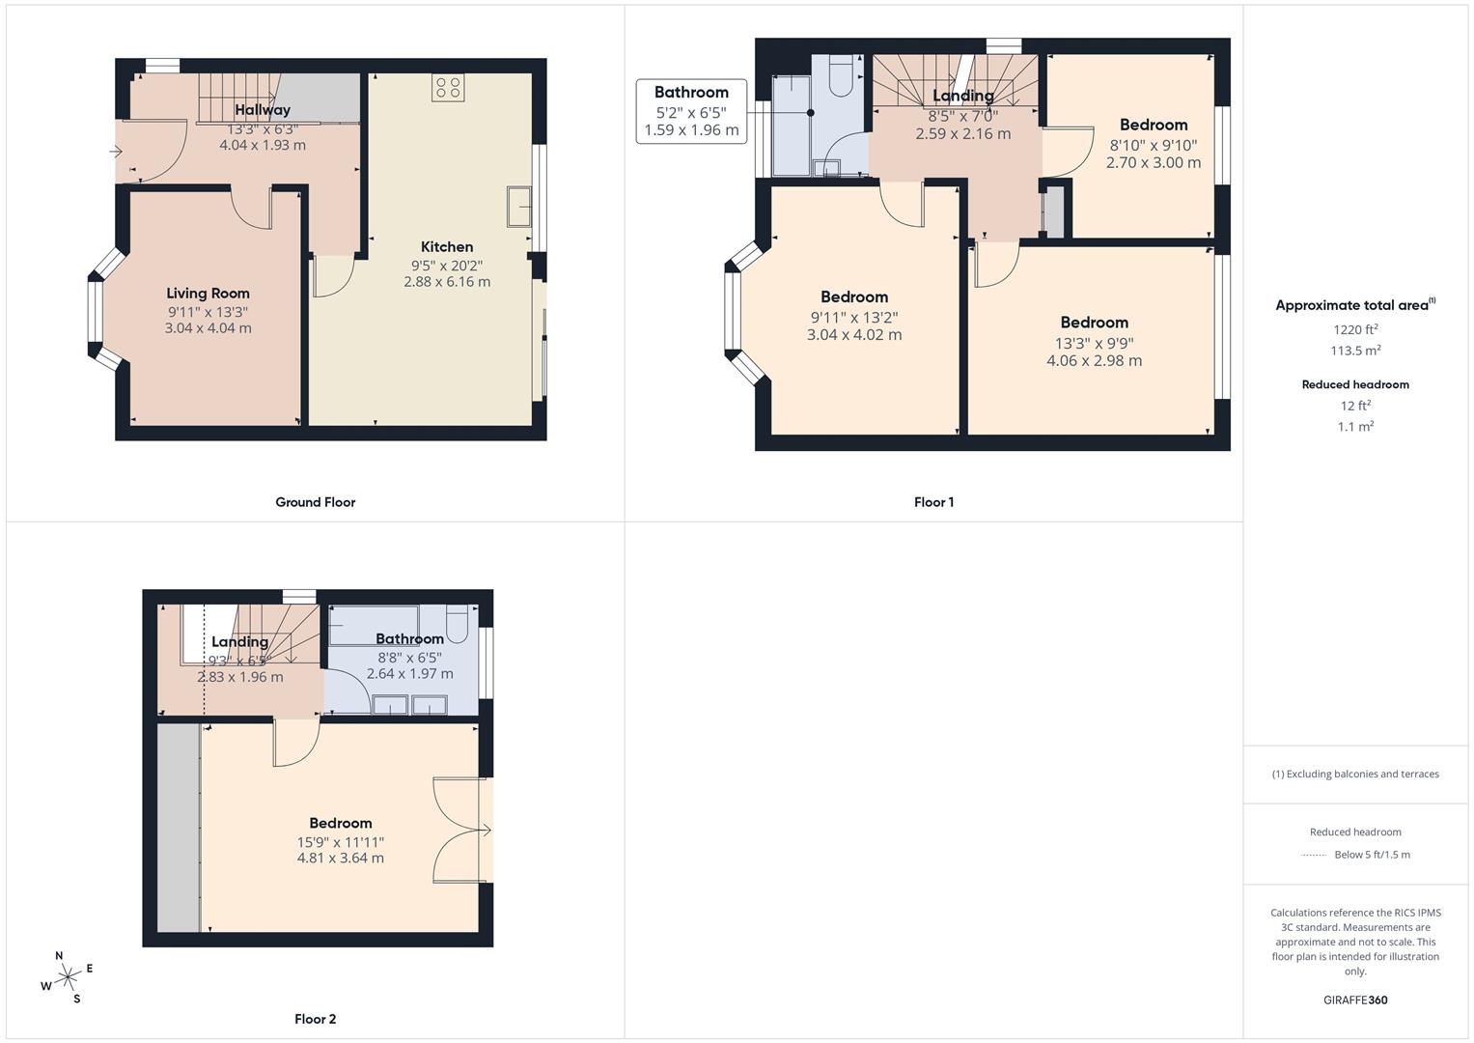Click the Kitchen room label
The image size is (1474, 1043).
(447, 247)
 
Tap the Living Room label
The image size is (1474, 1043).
(208, 294)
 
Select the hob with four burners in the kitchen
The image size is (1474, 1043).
(448, 88)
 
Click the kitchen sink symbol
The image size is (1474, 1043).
(518, 207)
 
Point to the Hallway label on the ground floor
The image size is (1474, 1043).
(263, 110)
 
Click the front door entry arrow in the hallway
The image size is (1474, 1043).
(117, 152)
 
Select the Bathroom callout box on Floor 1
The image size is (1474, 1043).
(691, 111)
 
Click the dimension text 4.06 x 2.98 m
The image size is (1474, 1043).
(1094, 361)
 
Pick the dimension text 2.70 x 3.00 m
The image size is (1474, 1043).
(1154, 163)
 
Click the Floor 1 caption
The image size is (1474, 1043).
(933, 502)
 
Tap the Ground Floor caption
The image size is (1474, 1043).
(316, 502)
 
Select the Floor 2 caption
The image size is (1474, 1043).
(316, 1019)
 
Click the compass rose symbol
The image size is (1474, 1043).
(67, 977)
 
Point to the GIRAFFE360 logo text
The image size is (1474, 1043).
(1355, 1001)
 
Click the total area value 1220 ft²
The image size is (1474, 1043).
(1355, 330)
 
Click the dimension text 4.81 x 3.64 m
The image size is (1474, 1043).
(341, 859)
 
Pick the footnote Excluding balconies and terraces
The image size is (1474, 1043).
(1355, 775)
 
